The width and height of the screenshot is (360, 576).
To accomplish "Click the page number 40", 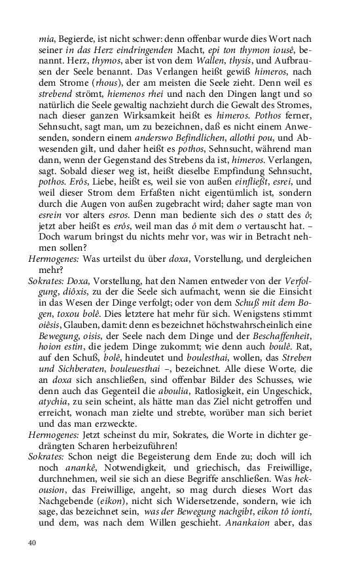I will click(x=31, y=543).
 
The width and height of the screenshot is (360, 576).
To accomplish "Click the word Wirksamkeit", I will click(x=159, y=110).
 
